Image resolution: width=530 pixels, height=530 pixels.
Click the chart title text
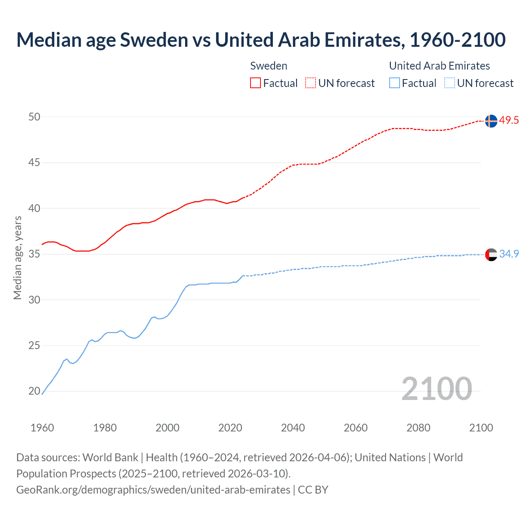point(261,40)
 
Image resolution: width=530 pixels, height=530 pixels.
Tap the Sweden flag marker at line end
point(491,121)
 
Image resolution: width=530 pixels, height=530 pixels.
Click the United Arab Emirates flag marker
point(491,254)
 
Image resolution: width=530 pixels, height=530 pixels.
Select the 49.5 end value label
point(508,120)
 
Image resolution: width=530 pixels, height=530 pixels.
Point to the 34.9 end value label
point(509,254)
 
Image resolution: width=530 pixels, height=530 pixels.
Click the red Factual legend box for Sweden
point(255,83)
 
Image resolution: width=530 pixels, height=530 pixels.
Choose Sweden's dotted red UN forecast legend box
point(311,83)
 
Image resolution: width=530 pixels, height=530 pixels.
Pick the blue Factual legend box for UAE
point(395,83)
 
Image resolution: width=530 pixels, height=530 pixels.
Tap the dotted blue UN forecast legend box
point(450,83)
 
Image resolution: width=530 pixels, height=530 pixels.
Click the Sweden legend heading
point(269,66)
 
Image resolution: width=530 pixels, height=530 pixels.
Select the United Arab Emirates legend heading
point(439,66)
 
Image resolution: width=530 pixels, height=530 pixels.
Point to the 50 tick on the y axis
point(34,117)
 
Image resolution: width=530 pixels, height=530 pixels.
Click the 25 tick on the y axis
point(34,345)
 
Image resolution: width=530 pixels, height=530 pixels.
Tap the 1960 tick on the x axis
point(42,428)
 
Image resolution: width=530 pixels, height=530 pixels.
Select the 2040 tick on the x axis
point(293,428)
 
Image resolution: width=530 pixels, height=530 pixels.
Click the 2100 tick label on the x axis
point(481,428)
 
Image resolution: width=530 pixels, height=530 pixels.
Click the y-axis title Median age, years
point(17,258)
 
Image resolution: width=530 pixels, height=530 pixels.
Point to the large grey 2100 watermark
point(436,389)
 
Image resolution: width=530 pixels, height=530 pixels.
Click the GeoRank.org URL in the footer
point(153,490)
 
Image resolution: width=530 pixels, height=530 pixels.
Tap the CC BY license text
point(313,490)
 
